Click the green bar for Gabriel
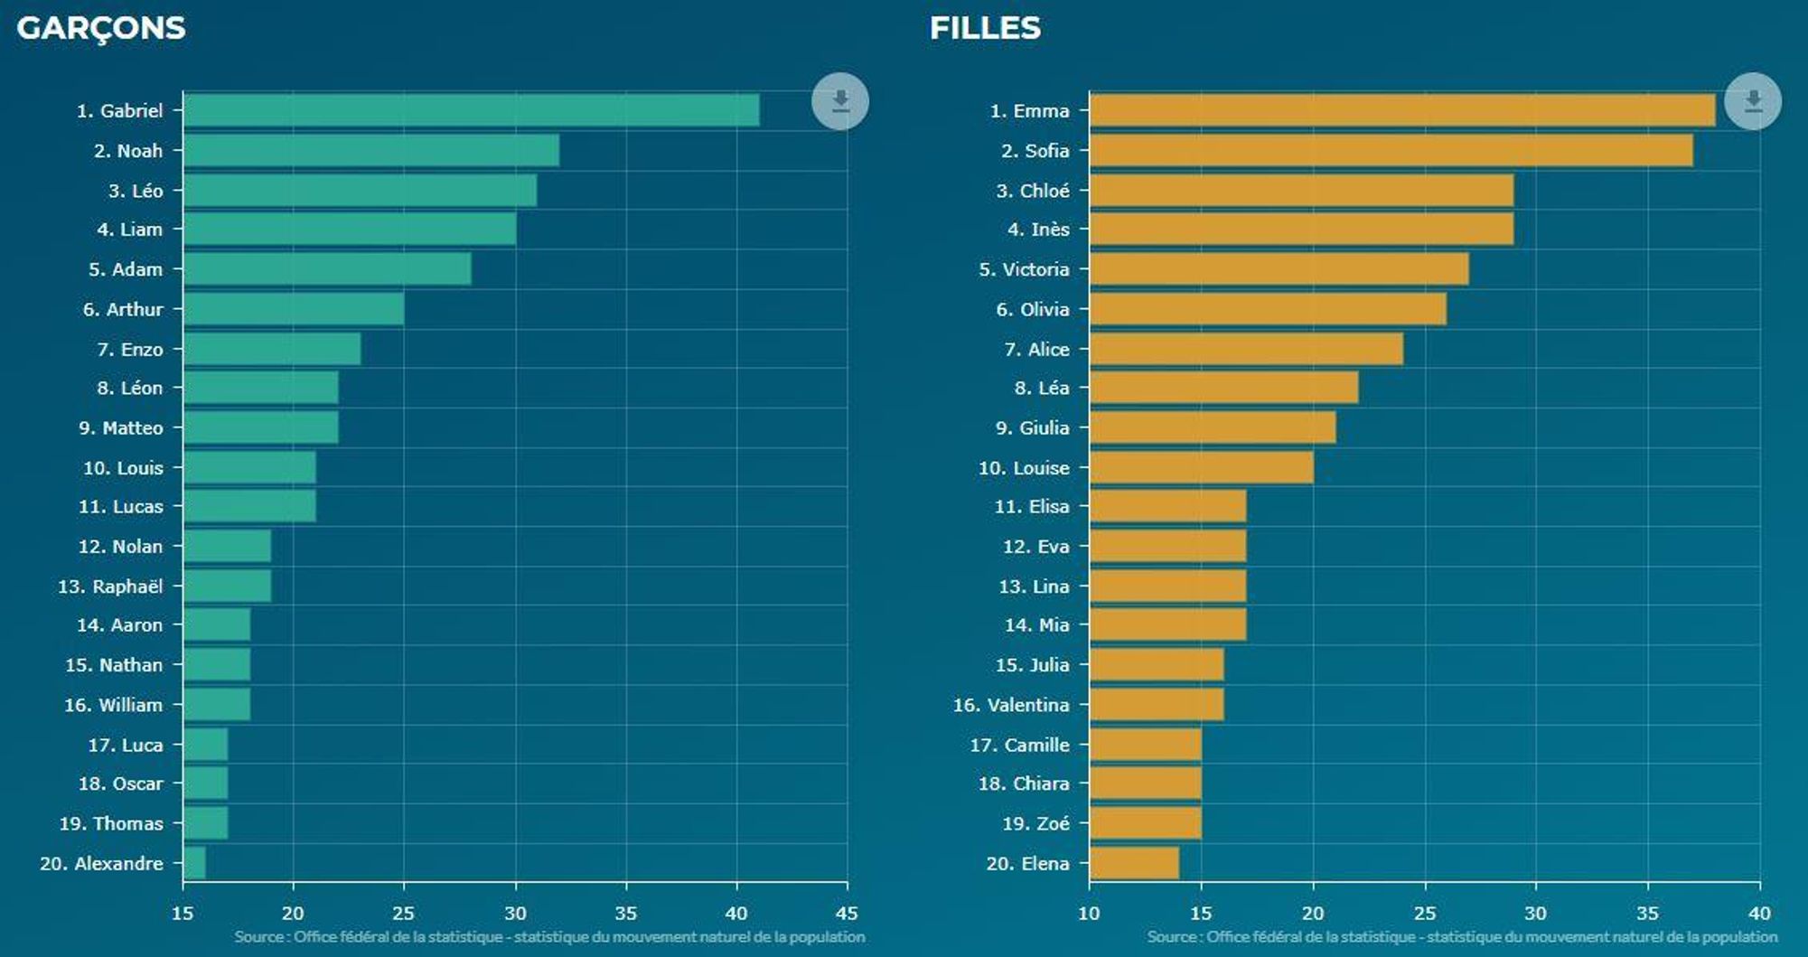[471, 110]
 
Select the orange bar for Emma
[1401, 110]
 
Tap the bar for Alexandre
[194, 863]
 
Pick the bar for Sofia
[1391, 151]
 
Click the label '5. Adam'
[126, 269]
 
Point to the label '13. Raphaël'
[110, 586]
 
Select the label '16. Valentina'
[1011, 705]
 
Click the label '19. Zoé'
[1035, 823]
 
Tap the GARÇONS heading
[101, 28]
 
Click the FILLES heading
[985, 28]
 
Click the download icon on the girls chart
[1752, 101]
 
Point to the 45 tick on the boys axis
[847, 913]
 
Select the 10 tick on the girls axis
[1089, 913]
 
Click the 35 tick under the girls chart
[1647, 913]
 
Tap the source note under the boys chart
[549, 937]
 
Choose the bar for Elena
[1134, 863]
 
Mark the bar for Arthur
[294, 309]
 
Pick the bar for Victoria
[1279, 269]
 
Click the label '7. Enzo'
[130, 349]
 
